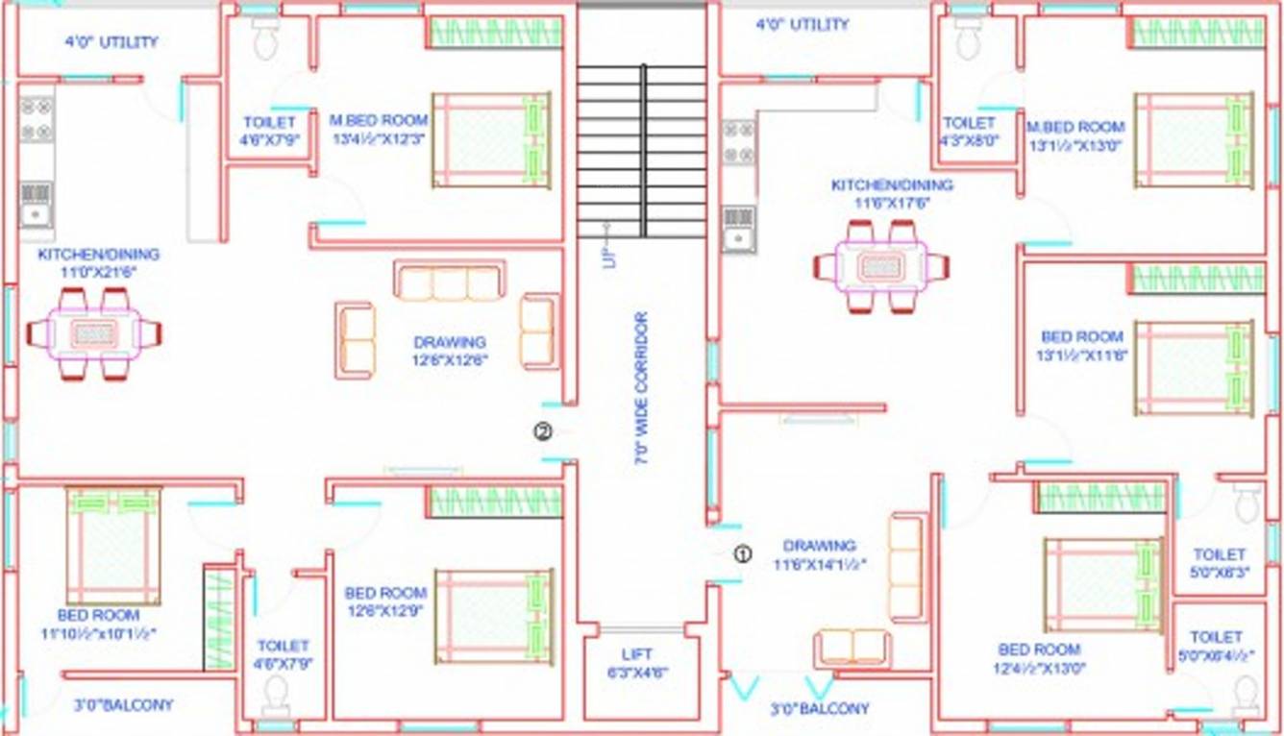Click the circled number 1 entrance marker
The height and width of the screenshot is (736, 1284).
(x=742, y=553)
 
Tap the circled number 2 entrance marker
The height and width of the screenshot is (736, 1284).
(x=543, y=432)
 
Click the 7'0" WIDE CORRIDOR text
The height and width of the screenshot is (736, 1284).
(x=641, y=388)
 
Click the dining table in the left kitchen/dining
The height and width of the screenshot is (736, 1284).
(x=94, y=333)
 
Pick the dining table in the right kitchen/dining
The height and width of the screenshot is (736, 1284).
(x=880, y=265)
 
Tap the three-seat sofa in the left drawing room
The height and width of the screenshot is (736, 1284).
(x=449, y=282)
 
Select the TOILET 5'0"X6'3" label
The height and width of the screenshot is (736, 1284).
(x=1219, y=562)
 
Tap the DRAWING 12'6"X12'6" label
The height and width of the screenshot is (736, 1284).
(x=450, y=351)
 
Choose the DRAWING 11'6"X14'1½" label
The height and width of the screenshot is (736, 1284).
(x=820, y=555)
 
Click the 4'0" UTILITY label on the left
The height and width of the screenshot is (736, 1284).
(x=111, y=42)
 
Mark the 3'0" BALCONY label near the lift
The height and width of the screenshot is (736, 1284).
(x=820, y=709)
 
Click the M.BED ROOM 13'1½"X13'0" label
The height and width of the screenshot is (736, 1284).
(x=1074, y=135)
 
